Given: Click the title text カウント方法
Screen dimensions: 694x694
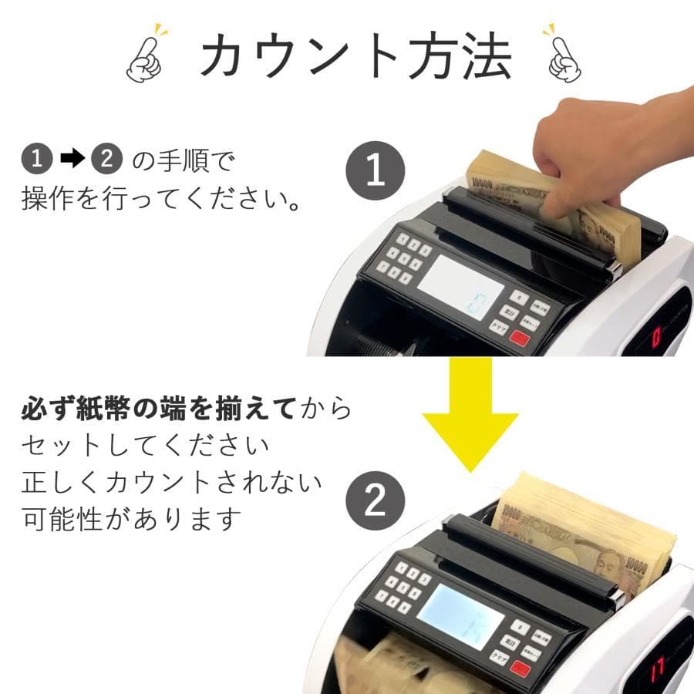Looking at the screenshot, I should pyautogui.click(x=355, y=56).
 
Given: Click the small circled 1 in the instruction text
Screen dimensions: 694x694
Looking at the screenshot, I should pyautogui.click(x=36, y=160).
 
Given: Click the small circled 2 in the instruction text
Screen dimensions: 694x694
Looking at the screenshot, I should pyautogui.click(x=106, y=160).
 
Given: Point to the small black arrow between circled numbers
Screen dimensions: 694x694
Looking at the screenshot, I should pyautogui.click(x=71, y=160).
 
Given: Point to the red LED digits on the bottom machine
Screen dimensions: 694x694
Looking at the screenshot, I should pyautogui.click(x=657, y=668).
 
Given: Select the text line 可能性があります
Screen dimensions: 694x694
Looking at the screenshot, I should pyautogui.click(x=131, y=519).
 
